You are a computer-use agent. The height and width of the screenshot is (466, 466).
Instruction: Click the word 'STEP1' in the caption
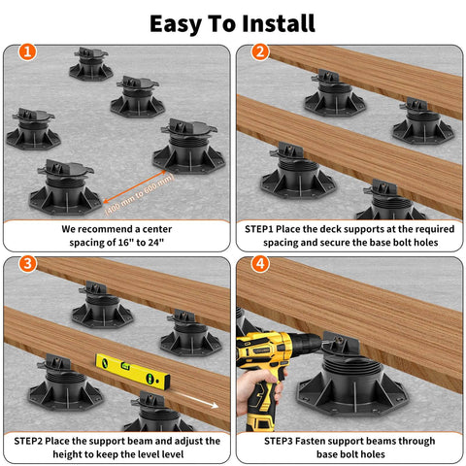tap(267, 228)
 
